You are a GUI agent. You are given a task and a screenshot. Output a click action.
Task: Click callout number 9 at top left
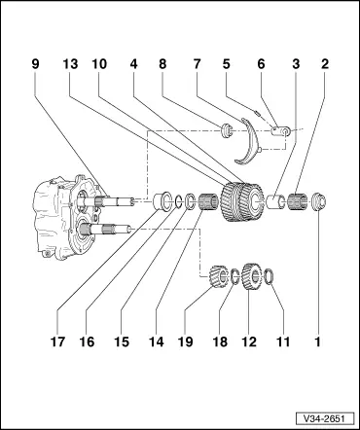(36, 64)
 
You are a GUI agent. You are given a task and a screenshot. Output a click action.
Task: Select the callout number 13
(70, 64)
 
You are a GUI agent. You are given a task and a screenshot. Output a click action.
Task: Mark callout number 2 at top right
(326, 64)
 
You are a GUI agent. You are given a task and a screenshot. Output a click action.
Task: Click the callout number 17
(36, 341)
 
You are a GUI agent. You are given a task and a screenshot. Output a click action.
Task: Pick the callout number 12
(246, 341)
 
